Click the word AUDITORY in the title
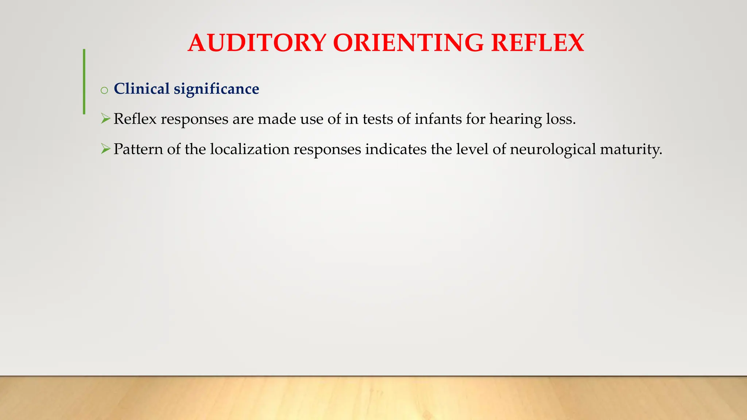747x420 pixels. click(x=257, y=43)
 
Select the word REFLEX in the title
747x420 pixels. click(x=537, y=43)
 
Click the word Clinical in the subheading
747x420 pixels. click(x=142, y=89)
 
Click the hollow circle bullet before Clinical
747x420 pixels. click(x=104, y=90)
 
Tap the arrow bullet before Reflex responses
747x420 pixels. click(x=105, y=118)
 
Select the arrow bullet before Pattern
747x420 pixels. click(x=105, y=149)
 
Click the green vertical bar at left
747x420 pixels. click(x=84, y=82)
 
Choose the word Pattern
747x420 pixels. click(x=138, y=149)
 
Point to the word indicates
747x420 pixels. click(x=396, y=149)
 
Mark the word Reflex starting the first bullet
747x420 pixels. click(x=135, y=119)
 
